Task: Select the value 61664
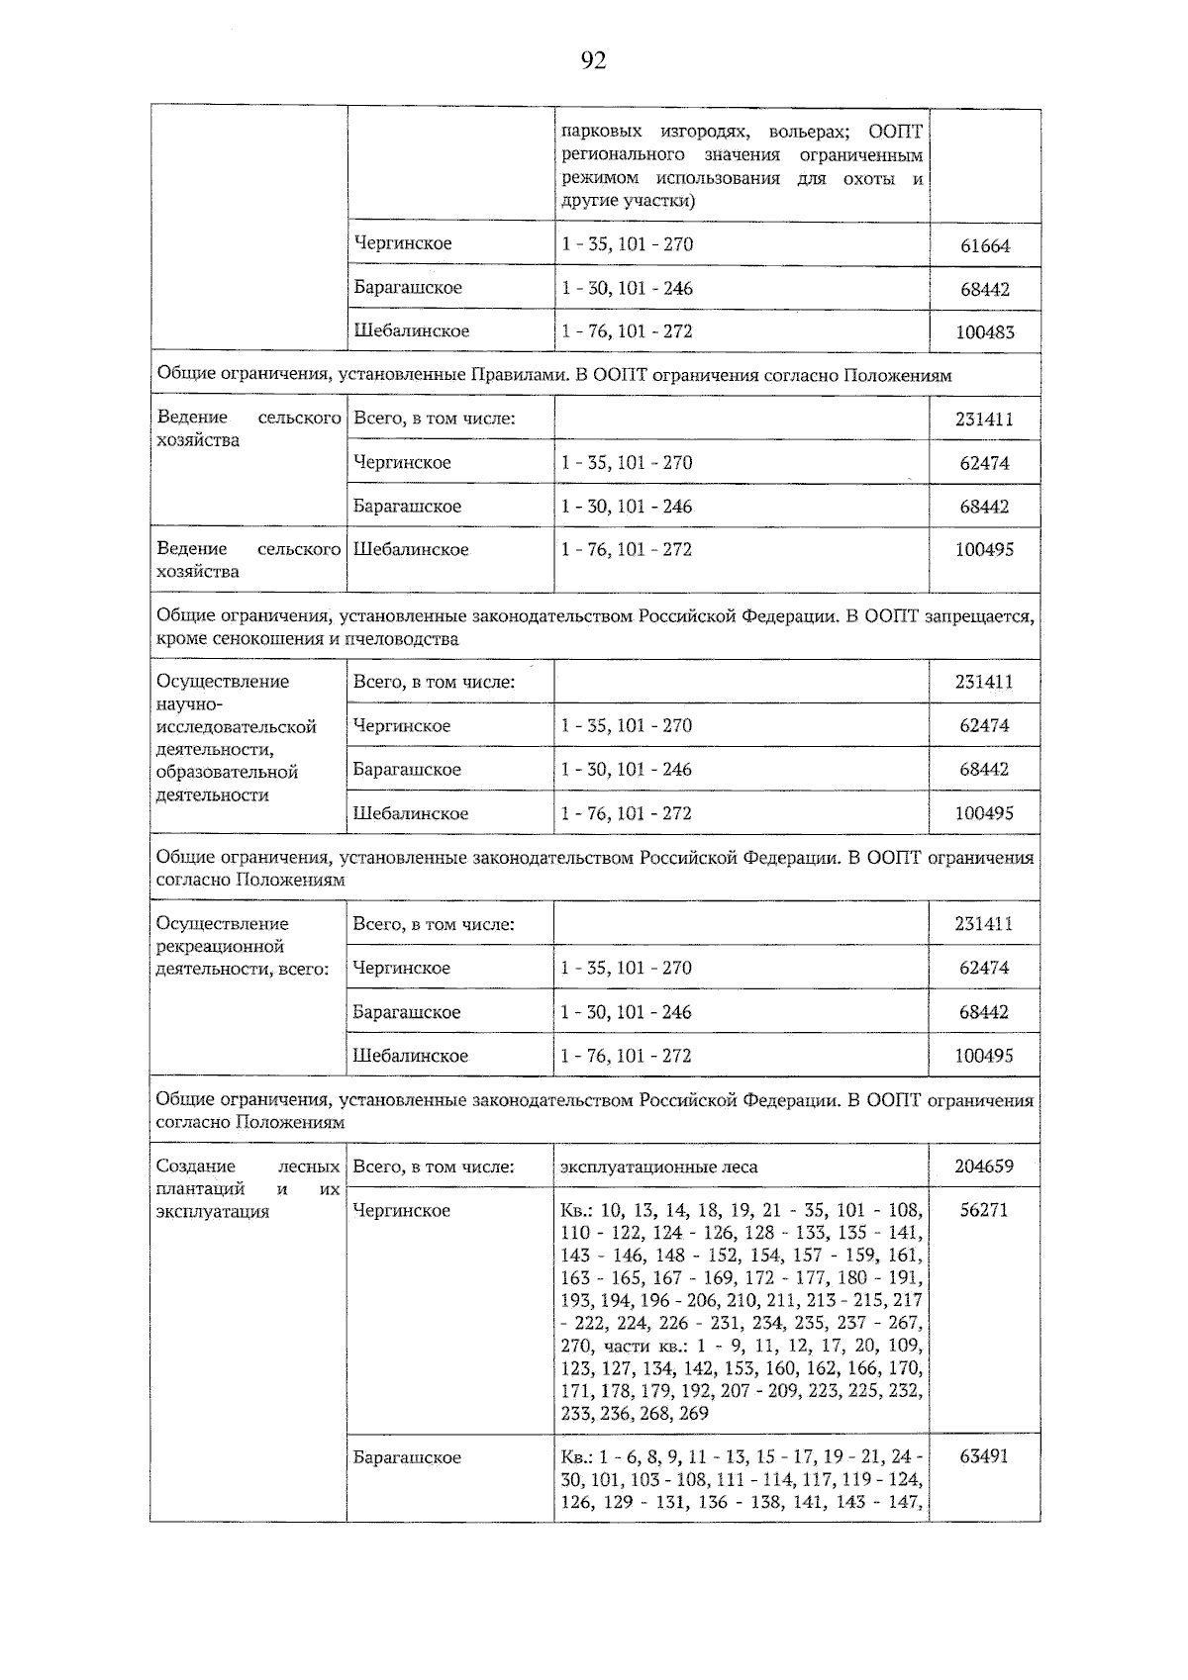985,246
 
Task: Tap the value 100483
985,333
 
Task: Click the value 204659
984,1167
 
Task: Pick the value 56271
984,1210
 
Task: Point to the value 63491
984,1456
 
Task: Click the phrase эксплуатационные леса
659,1167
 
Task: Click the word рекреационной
221,947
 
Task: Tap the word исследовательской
237,727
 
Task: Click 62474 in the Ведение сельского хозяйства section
984,463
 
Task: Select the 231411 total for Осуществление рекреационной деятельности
984,924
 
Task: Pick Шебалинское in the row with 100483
412,331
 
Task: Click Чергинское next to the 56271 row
402,1211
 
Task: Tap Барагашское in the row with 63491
407,1457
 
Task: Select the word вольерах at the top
814,132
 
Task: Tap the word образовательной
228,772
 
